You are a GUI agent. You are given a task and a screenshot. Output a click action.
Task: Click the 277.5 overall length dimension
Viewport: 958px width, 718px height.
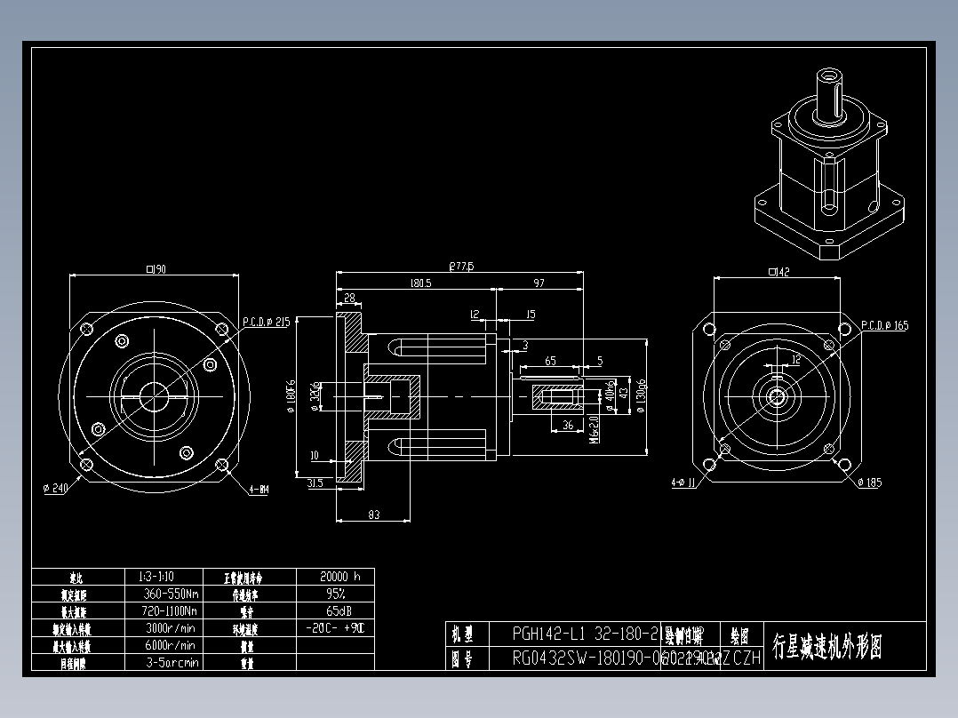click(x=461, y=266)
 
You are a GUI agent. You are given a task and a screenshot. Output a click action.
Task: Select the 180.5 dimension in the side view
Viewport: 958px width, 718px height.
click(x=420, y=283)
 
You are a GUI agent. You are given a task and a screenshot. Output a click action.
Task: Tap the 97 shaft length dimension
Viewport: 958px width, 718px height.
click(x=539, y=283)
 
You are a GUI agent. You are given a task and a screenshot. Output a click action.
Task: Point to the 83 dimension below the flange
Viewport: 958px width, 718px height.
click(x=373, y=515)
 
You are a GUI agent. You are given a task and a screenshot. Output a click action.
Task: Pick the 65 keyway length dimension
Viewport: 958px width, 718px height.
click(x=550, y=361)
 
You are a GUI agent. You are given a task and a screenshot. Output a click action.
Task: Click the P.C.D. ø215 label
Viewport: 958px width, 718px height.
click(x=266, y=323)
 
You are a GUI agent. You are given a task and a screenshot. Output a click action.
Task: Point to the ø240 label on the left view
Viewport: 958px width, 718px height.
click(x=56, y=488)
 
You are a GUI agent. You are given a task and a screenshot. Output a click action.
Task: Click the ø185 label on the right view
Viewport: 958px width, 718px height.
click(x=870, y=483)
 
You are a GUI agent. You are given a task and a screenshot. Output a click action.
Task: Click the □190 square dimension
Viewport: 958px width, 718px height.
click(x=156, y=269)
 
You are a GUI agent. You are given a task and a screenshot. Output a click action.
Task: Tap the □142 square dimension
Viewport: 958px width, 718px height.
click(x=778, y=272)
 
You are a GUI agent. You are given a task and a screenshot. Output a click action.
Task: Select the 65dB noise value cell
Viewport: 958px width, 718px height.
click(x=335, y=611)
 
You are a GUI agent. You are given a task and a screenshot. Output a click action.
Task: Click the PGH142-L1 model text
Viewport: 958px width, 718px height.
click(x=550, y=634)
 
